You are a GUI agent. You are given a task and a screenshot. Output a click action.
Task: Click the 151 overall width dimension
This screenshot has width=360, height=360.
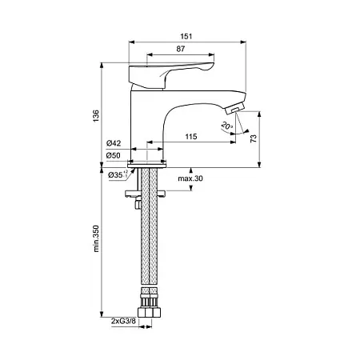point(186,36)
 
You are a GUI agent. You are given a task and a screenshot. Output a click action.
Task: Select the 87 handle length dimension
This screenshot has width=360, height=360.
point(181,49)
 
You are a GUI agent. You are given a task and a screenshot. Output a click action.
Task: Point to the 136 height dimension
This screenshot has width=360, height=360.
point(96,116)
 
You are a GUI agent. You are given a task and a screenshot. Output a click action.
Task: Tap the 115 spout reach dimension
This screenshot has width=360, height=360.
point(191,137)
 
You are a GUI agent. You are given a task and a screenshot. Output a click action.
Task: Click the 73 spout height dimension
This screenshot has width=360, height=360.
point(254,138)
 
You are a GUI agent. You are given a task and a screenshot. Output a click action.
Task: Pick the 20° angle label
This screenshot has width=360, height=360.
point(227,126)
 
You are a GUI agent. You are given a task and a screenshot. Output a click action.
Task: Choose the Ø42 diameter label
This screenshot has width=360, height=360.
point(114,143)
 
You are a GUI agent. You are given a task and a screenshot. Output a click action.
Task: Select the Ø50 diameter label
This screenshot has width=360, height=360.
point(114,155)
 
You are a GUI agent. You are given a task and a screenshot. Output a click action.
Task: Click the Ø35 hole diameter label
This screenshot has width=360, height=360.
point(118,175)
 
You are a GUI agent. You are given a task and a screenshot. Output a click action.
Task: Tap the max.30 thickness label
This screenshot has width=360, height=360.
point(190,178)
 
